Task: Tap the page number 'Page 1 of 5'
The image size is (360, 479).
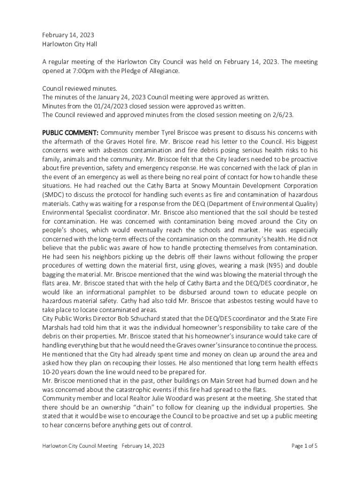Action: [304, 446]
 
